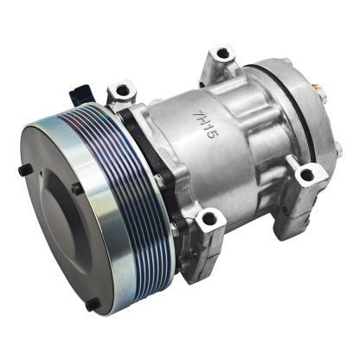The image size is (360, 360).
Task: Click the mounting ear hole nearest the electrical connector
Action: pyautogui.click(x=121, y=89)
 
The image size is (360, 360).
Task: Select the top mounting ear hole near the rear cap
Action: pyautogui.click(x=223, y=55)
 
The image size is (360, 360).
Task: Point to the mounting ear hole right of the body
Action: pyautogui.click(x=305, y=176)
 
